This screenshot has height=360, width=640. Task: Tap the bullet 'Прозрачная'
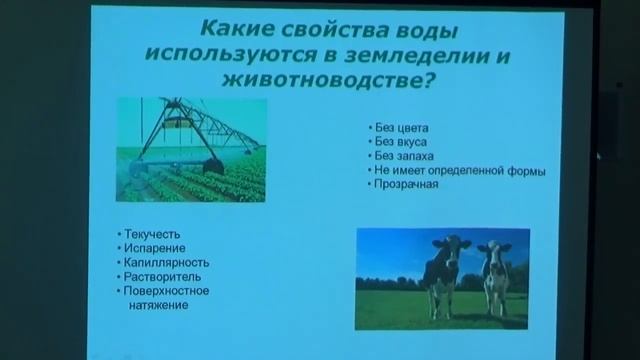click(404, 184)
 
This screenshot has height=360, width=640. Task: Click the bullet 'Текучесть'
click(151, 232)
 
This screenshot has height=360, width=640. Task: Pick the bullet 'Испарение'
click(152, 246)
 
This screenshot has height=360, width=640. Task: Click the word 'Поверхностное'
click(165, 290)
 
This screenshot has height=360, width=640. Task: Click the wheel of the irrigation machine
click(212, 164)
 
